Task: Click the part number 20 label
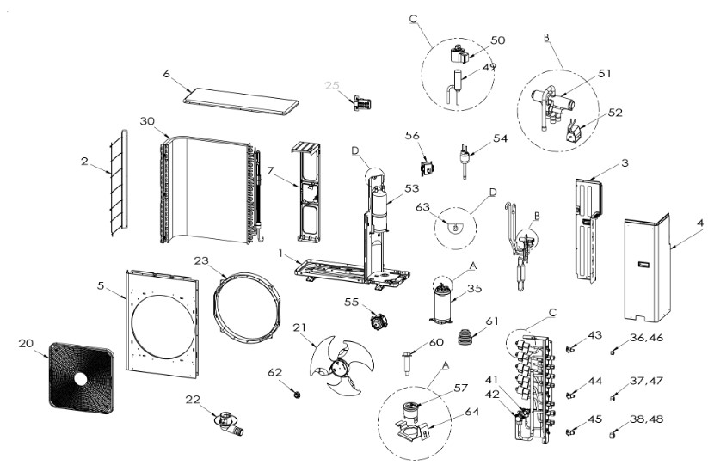[x=25, y=342]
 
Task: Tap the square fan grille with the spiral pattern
[x=80, y=378]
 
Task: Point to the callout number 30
[x=147, y=122]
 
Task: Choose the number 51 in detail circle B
[x=604, y=74]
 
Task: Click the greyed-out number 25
[x=332, y=85]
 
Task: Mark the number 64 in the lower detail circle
[x=471, y=413]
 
